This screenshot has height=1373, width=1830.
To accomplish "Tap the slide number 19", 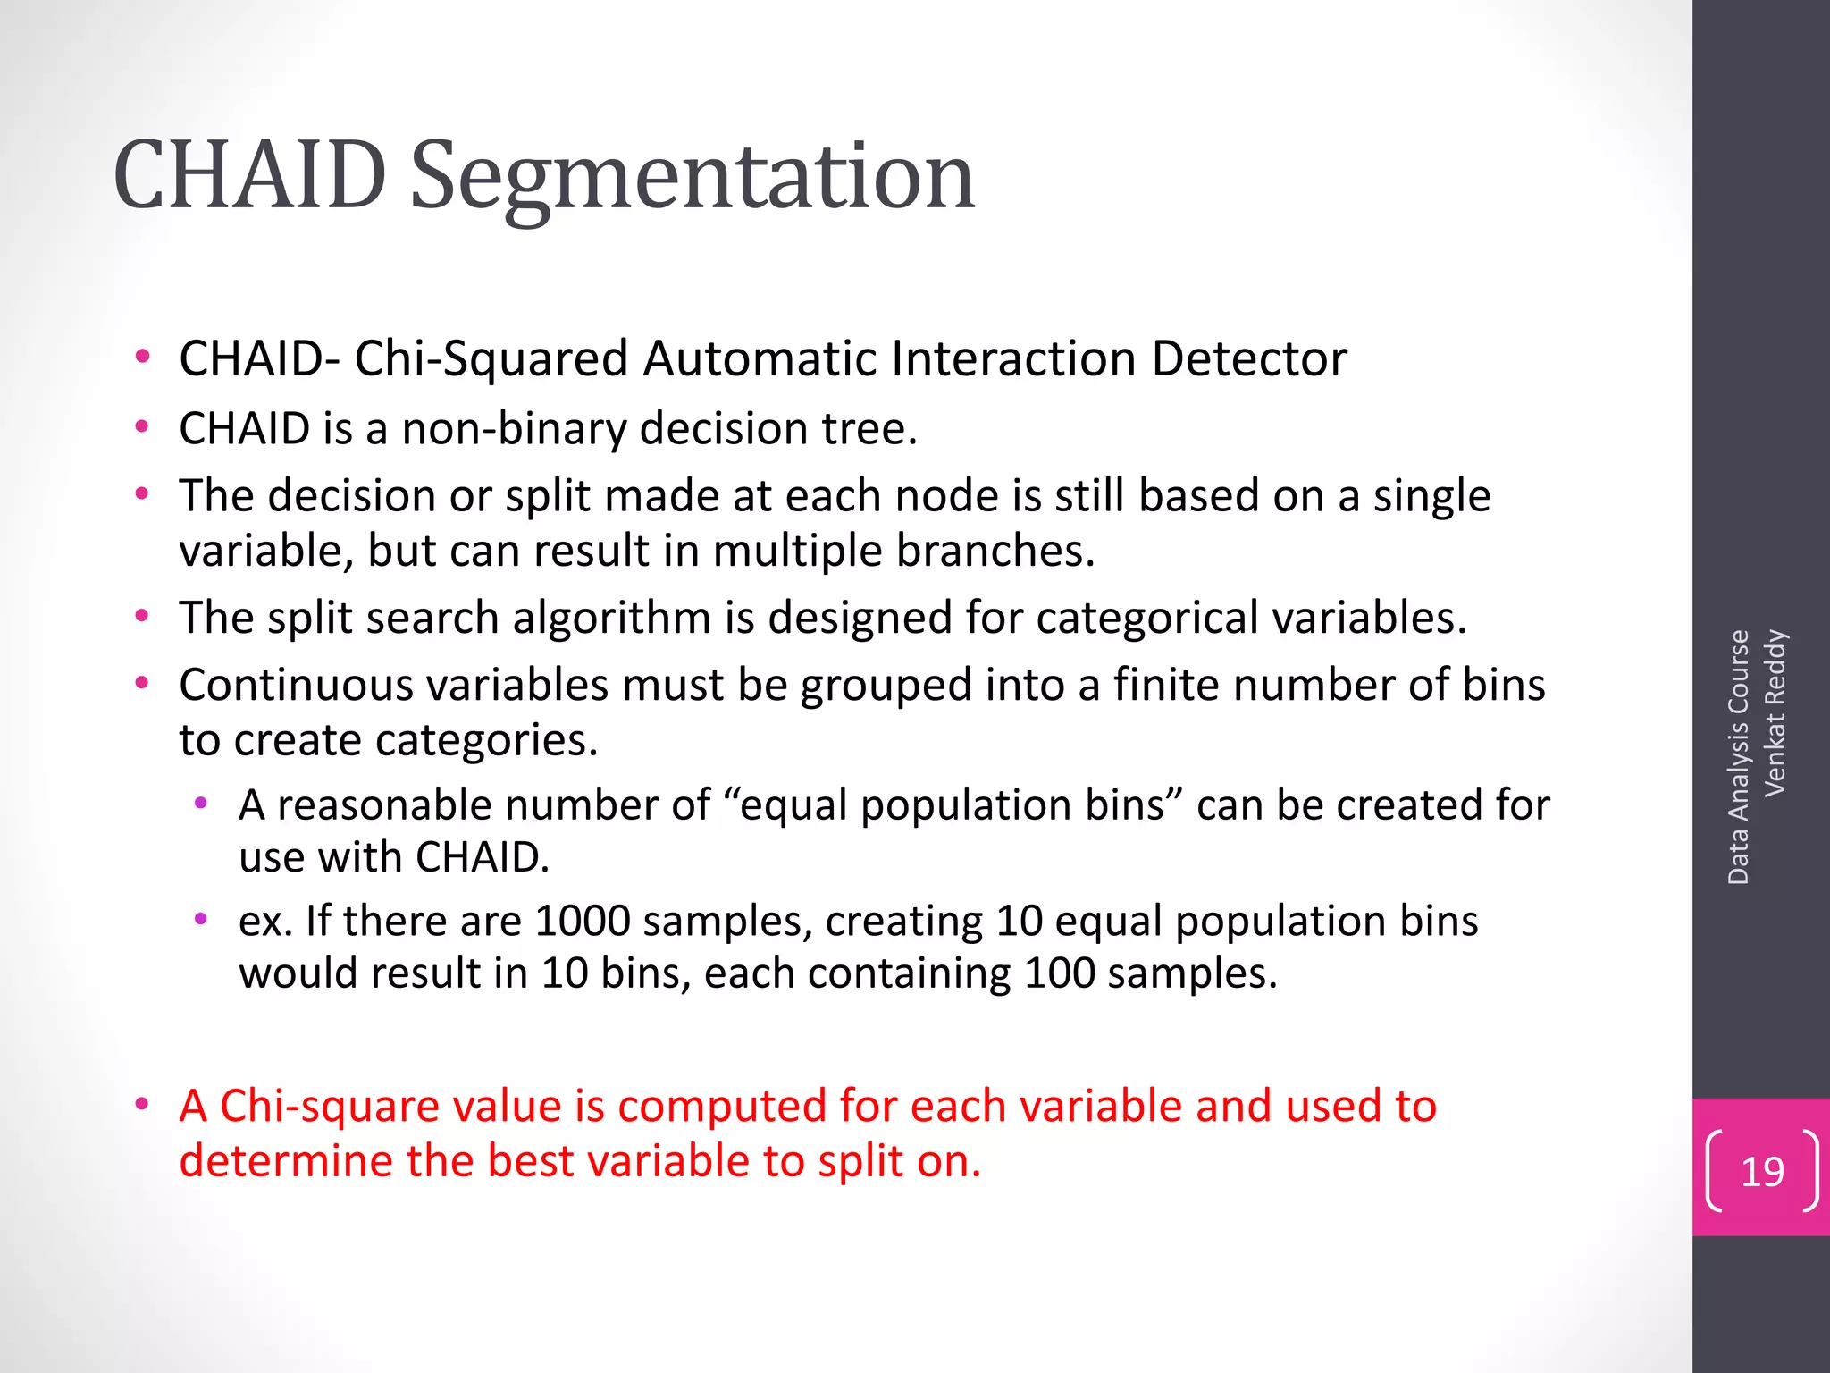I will click(1762, 1172).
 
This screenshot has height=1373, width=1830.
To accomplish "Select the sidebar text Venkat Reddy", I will click(1775, 712).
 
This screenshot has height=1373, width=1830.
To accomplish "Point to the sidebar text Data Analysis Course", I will click(1738, 756).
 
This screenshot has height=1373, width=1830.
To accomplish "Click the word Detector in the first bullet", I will click(1248, 359).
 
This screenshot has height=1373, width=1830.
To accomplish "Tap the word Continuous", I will click(296, 686).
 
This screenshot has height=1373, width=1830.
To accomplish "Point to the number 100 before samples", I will click(1059, 973).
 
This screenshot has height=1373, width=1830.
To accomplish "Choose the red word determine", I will click(285, 1162).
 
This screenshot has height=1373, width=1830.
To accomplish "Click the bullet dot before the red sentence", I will click(141, 1105).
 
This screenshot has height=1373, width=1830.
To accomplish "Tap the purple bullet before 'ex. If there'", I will click(201, 919).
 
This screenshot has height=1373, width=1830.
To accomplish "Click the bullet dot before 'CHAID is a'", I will click(141, 427).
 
